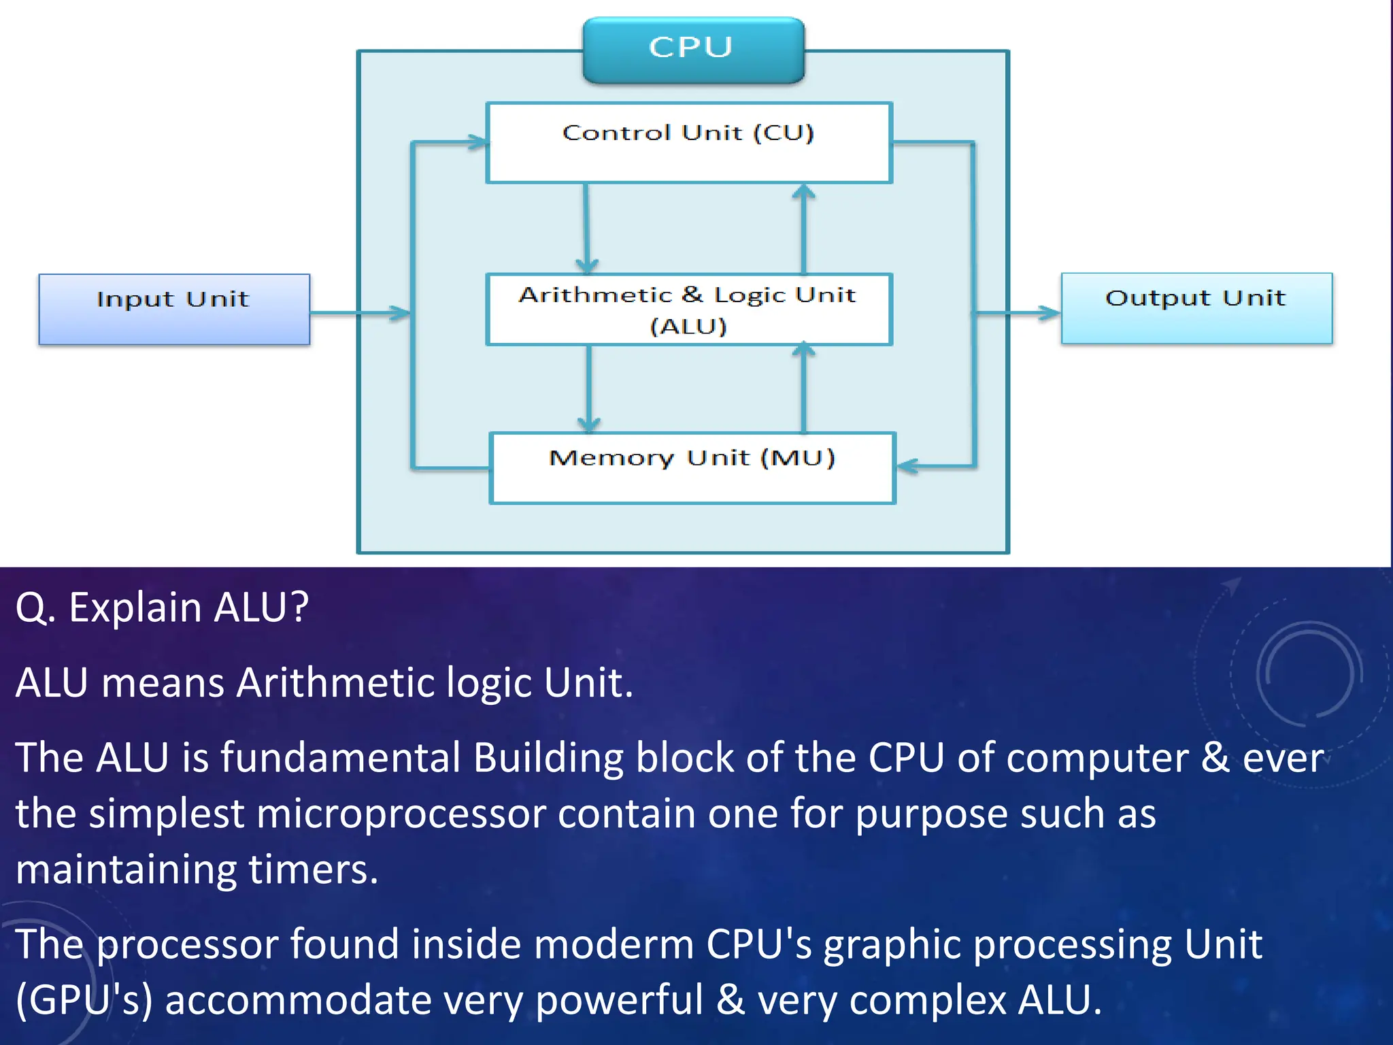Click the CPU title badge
coord(693,50)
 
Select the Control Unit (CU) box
coord(688,143)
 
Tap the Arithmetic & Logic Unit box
coord(688,310)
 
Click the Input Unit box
coord(174,310)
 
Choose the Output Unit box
coord(1196,308)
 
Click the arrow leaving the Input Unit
coord(360,313)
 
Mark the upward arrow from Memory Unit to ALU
coord(804,388)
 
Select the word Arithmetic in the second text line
coord(334,682)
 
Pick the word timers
coord(313,869)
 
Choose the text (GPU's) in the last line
coord(84,1000)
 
